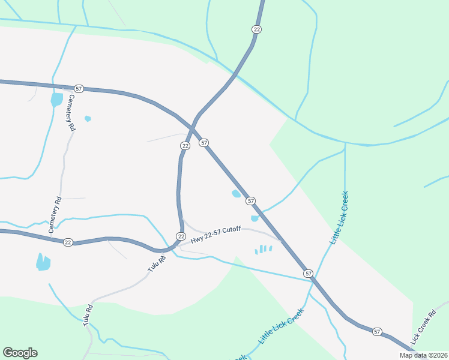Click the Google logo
click(x=20, y=353)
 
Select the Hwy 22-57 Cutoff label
click(x=215, y=235)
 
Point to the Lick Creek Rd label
click(x=423, y=328)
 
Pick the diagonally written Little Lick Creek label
click(x=282, y=326)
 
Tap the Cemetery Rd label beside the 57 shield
click(x=71, y=113)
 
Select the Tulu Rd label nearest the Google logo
click(x=88, y=316)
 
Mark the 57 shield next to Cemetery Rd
click(x=79, y=88)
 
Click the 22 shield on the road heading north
click(x=256, y=29)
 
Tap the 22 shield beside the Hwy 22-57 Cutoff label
click(x=180, y=236)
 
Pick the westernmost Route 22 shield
click(x=68, y=242)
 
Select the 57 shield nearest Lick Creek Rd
click(x=376, y=331)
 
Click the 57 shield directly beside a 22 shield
click(x=204, y=142)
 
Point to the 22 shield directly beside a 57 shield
click(x=185, y=146)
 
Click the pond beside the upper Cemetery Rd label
click(x=56, y=98)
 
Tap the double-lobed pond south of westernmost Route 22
click(x=43, y=262)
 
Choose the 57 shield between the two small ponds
click(x=250, y=200)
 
